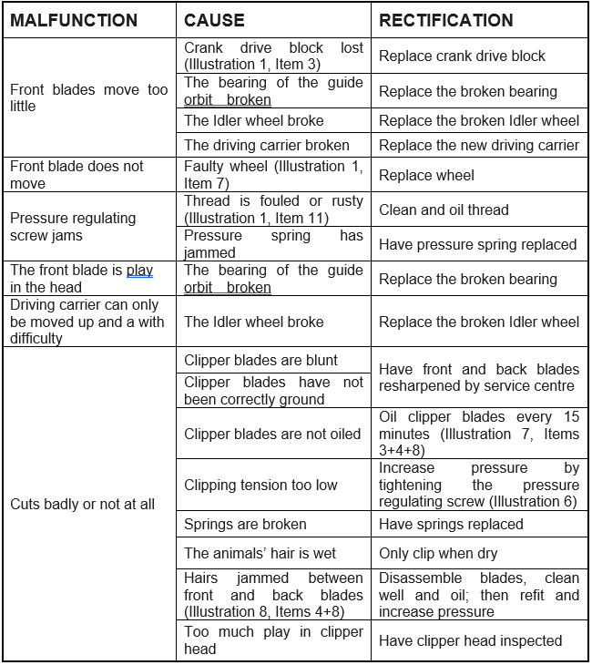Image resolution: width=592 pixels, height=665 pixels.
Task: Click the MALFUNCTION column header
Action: (74, 20)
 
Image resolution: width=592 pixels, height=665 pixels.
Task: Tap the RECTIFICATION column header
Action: (446, 20)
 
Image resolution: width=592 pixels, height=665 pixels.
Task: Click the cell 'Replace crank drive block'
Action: (463, 56)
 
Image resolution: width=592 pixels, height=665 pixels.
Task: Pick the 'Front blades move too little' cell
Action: (88, 98)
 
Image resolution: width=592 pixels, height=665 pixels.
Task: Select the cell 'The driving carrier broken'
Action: (267, 145)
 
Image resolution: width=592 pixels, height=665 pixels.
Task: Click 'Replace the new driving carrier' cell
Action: (479, 145)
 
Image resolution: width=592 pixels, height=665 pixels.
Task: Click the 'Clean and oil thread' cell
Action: (444, 210)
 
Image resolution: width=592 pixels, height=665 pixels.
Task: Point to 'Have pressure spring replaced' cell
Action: (478, 244)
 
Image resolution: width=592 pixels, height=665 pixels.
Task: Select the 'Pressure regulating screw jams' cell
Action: (73, 227)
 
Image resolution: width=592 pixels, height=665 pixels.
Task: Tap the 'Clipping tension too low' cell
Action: (260, 485)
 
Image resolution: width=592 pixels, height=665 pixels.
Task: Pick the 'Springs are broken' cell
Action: (245, 524)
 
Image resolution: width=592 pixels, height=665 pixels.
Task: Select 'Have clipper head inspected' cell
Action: (471, 640)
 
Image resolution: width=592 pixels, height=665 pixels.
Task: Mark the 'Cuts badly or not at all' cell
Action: (82, 504)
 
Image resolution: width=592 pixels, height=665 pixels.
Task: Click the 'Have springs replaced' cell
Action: (451, 524)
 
